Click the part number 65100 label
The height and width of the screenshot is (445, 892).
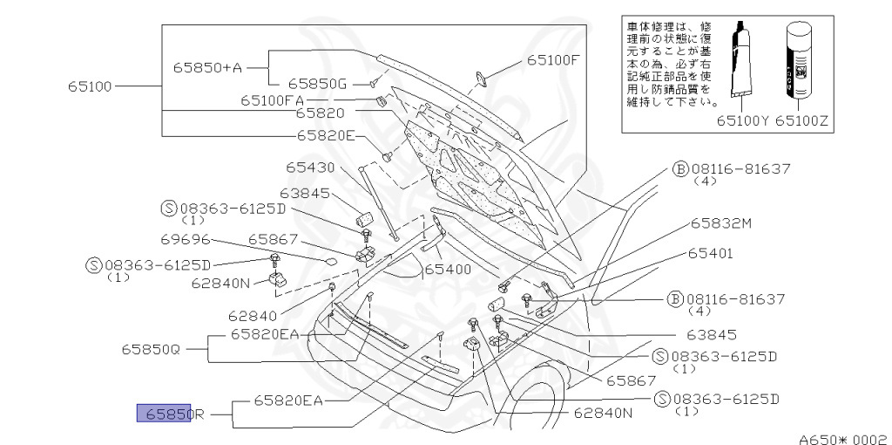(90, 86)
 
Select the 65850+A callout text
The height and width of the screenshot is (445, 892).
(206, 66)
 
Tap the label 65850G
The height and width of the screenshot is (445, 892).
(318, 84)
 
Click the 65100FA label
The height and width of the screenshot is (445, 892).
(272, 100)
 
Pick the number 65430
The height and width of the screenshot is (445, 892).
(311, 166)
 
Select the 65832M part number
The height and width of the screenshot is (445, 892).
(721, 223)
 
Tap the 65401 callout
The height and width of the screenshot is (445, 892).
(710, 253)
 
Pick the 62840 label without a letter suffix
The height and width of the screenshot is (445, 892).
(252, 316)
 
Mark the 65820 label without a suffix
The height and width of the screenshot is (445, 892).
(320, 113)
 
